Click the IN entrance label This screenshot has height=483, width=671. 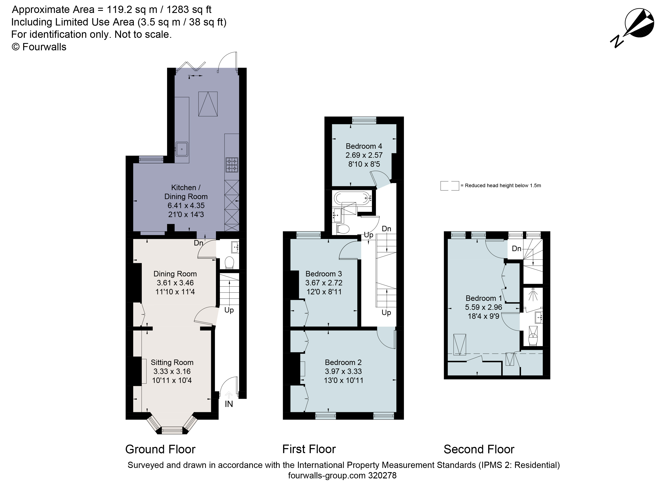(x=229, y=404)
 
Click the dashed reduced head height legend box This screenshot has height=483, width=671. (x=449, y=186)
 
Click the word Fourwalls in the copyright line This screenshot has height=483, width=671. (x=44, y=47)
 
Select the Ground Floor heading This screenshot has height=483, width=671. (x=160, y=449)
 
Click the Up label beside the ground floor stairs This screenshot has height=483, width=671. (x=229, y=310)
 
